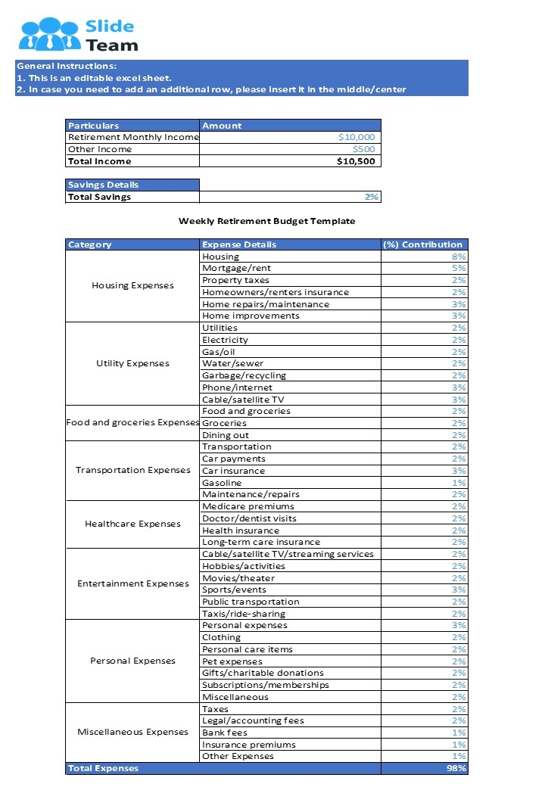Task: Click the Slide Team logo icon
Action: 50,34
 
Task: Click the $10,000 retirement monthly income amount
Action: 357,138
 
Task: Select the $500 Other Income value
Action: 363,149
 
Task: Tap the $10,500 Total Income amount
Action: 356,161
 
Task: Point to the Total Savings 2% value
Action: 371,197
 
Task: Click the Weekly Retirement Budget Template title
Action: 266,221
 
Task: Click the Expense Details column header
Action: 239,244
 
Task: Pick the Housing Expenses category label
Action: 132,286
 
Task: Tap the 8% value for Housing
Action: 459,257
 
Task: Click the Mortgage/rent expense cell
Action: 236,268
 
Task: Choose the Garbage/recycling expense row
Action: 244,375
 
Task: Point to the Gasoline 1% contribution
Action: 459,483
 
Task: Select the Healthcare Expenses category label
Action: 132,524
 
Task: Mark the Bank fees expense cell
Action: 225,733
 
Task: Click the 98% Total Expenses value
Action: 456,768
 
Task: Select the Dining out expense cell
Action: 226,435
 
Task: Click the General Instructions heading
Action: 67,66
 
